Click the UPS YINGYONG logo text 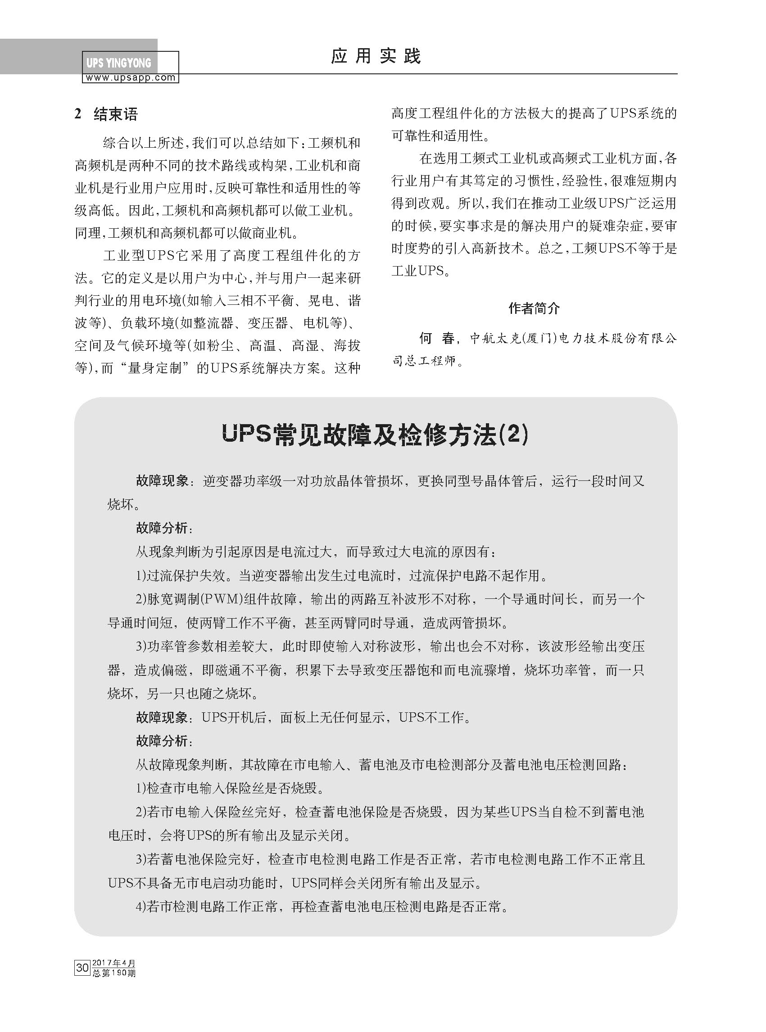(x=119, y=63)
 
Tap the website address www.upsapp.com (x=130, y=78)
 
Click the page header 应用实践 (x=376, y=57)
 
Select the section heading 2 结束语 (x=106, y=114)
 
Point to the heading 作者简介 (x=534, y=308)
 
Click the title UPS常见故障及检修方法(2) (x=375, y=436)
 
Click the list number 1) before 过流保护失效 (x=141, y=576)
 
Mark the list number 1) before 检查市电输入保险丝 (x=141, y=788)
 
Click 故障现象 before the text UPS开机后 (x=162, y=718)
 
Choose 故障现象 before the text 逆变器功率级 (x=162, y=481)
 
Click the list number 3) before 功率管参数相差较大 (x=141, y=646)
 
